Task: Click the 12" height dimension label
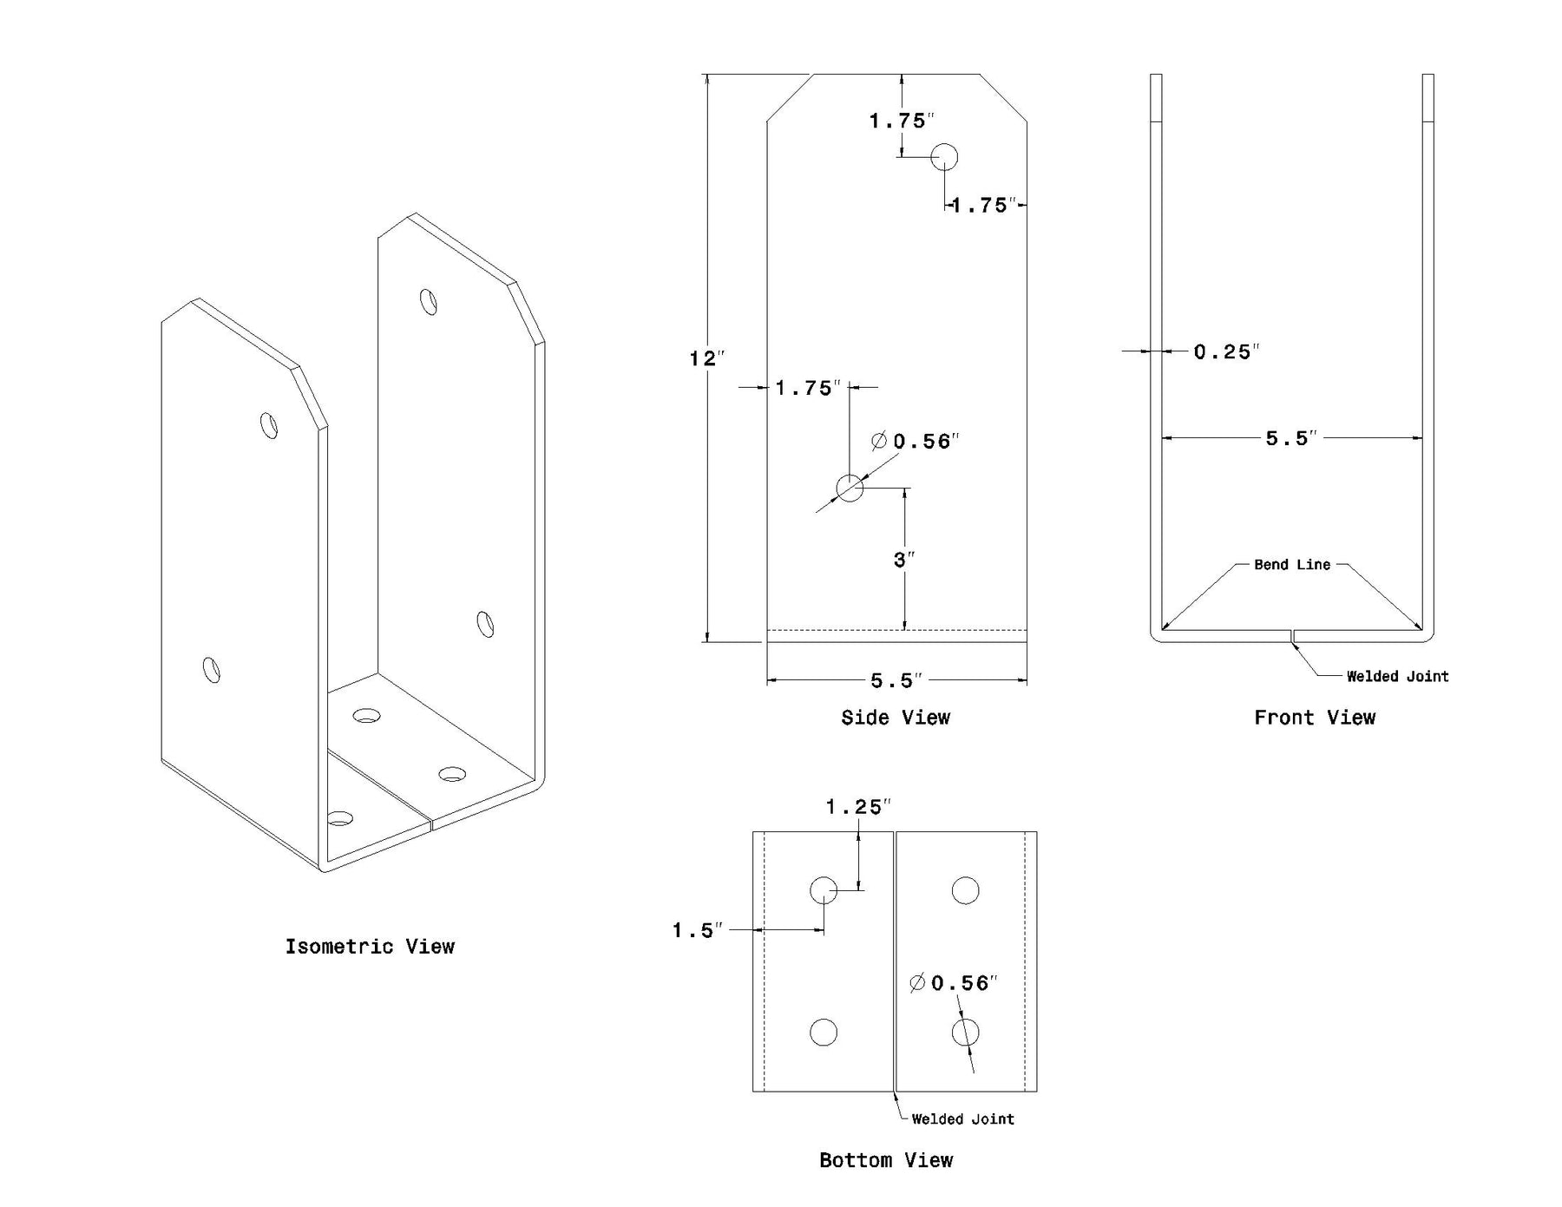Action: [x=706, y=358]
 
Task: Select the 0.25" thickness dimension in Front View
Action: [x=1225, y=351]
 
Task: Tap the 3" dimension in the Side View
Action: [x=903, y=560]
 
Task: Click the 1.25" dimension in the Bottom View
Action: [x=857, y=807]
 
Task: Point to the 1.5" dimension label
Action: [x=697, y=930]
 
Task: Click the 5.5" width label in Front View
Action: [x=1291, y=438]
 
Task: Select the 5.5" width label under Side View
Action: [x=896, y=680]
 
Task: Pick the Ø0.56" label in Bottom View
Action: [x=953, y=983]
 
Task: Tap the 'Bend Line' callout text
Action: [x=1291, y=565]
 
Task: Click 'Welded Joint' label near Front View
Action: [x=1397, y=676]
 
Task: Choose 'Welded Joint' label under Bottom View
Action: [x=962, y=1118]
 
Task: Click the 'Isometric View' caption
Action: [x=370, y=946]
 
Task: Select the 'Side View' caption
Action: [x=896, y=718]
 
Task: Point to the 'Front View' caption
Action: [x=1315, y=718]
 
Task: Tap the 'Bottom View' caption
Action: [x=886, y=1160]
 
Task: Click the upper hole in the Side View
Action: [x=944, y=157]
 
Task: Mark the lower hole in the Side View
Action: [x=850, y=488]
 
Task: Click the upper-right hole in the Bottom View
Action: [x=965, y=890]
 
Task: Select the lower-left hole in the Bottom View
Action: [x=824, y=1033]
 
